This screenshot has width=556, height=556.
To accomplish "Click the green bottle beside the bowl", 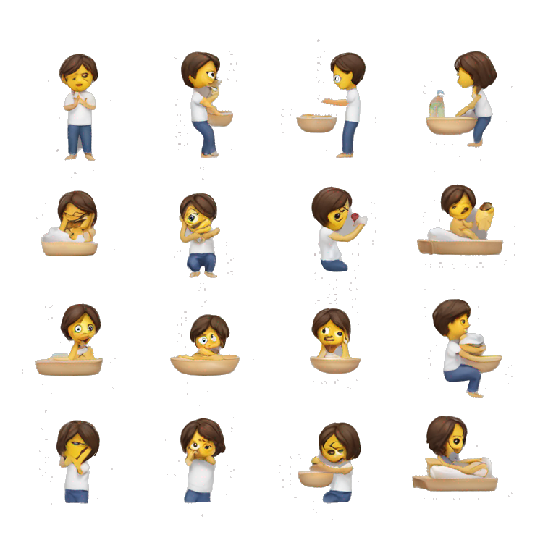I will click(437, 106).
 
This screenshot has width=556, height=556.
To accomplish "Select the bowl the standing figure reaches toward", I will click(316, 123).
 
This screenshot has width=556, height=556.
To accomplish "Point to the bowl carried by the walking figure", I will click(220, 117).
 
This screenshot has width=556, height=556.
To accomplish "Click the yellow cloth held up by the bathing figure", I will click(484, 216).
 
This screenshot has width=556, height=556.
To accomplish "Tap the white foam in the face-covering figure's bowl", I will click(55, 235).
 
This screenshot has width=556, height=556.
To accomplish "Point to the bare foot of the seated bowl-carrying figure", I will click(475, 394).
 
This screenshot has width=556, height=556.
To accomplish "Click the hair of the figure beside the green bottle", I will click(478, 68).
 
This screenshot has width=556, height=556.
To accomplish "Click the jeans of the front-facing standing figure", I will click(80, 138).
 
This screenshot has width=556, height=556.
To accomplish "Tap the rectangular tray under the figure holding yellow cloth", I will click(460, 247).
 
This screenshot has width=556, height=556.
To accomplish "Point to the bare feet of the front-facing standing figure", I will click(80, 156).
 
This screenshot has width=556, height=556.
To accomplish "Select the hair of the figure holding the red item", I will click(329, 202).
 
